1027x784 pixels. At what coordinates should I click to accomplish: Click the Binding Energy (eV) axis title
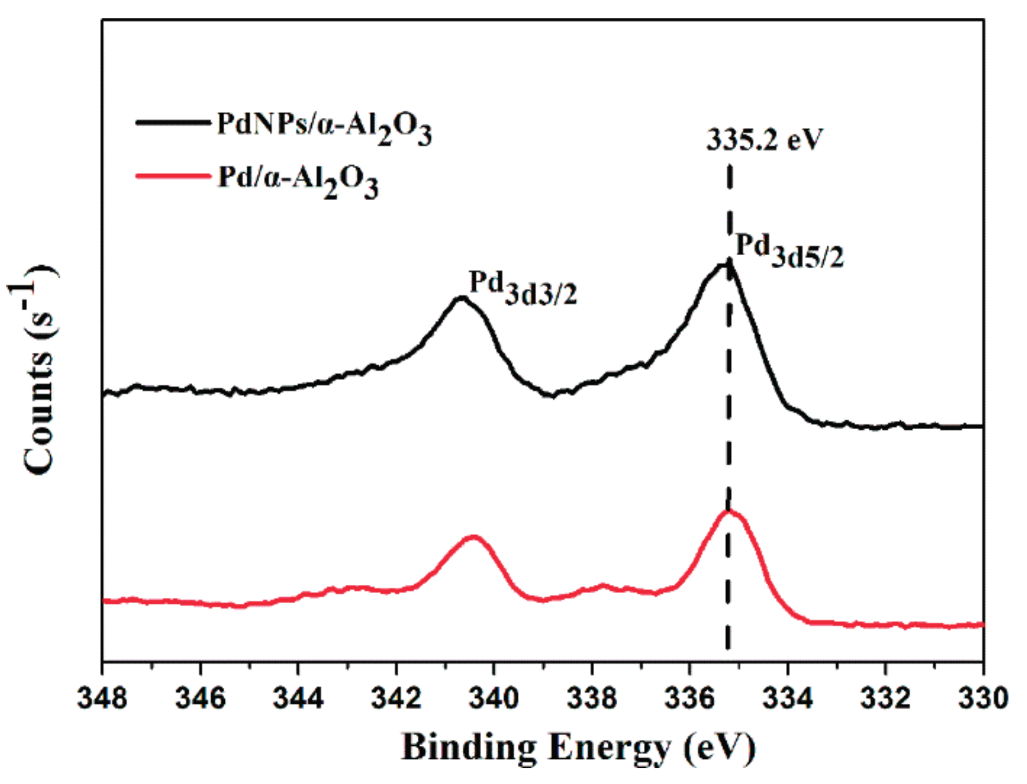tap(578, 747)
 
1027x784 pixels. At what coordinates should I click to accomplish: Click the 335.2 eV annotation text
tap(765, 140)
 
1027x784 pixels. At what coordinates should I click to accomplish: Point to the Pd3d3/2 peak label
tap(522, 287)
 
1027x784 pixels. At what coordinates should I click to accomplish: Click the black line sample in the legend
tap(172, 123)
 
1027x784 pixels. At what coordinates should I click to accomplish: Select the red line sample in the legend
tap(172, 176)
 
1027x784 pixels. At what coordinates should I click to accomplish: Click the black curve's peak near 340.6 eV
tap(462, 298)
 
